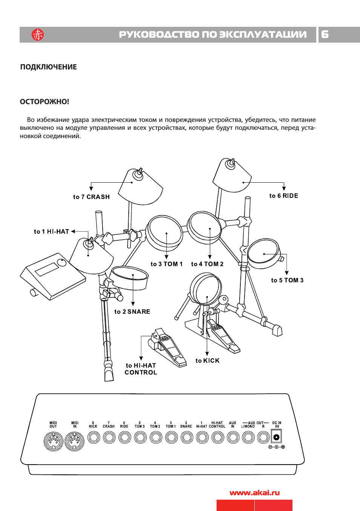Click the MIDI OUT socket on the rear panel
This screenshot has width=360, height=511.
click(x=53, y=441)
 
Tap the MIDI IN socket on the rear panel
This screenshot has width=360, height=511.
click(x=75, y=441)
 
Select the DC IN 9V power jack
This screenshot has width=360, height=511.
click(x=277, y=437)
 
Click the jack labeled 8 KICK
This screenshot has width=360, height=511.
click(x=93, y=437)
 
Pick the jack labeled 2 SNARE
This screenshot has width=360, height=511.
click(x=186, y=437)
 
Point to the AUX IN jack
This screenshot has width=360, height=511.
click(x=233, y=437)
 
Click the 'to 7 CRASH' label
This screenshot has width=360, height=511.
click(x=91, y=197)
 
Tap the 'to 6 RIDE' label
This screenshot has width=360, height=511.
click(x=284, y=196)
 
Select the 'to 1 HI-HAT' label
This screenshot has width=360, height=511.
click(x=51, y=232)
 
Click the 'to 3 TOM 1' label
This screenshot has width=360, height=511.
click(x=166, y=264)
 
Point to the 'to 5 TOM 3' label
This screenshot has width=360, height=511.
click(x=287, y=280)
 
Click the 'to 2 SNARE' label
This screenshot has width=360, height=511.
click(x=132, y=312)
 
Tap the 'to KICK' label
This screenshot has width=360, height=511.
click(x=207, y=361)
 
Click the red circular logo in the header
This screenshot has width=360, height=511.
click(x=38, y=35)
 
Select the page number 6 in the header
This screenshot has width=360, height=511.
click(x=325, y=35)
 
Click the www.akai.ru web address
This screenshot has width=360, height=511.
click(x=254, y=493)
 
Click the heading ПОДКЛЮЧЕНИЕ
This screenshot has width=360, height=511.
click(x=48, y=67)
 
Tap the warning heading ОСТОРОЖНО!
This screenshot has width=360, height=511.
click(x=45, y=102)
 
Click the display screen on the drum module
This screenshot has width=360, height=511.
click(x=46, y=269)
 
